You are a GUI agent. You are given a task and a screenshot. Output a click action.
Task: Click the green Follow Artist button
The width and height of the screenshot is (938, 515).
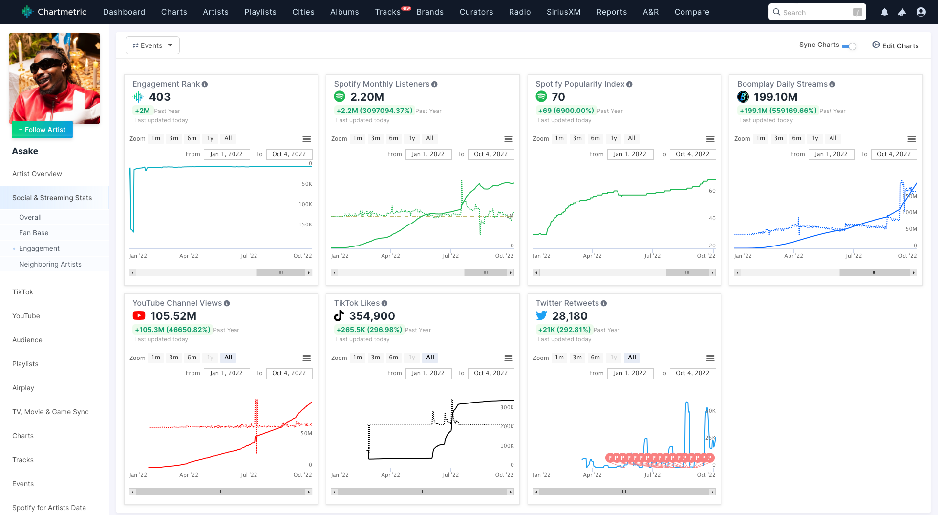(42, 130)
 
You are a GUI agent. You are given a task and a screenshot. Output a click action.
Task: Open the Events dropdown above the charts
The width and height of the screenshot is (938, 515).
(152, 45)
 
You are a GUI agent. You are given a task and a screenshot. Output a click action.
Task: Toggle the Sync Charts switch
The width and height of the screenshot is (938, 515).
(849, 46)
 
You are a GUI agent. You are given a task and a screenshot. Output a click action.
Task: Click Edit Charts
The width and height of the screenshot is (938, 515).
(895, 45)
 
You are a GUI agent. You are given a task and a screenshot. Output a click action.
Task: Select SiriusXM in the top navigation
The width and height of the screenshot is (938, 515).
(563, 12)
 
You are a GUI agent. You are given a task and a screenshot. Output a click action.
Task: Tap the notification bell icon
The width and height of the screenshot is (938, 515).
(884, 12)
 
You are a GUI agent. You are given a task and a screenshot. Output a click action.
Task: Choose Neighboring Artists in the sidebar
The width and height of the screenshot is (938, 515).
(50, 264)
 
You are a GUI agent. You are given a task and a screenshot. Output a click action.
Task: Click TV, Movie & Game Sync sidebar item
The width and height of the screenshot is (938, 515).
(50, 412)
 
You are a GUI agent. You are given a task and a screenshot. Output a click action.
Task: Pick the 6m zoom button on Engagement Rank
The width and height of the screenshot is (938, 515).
(192, 138)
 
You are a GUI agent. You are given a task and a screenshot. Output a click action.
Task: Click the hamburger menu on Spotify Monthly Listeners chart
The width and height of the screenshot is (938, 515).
(509, 139)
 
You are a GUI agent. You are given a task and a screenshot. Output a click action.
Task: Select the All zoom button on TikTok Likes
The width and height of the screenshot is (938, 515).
(430, 358)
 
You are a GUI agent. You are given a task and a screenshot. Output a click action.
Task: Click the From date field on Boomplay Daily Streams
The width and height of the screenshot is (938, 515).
(831, 154)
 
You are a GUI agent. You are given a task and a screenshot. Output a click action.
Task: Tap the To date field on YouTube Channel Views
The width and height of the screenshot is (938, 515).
(289, 373)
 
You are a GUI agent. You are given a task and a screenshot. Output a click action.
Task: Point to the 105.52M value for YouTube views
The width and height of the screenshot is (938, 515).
(173, 316)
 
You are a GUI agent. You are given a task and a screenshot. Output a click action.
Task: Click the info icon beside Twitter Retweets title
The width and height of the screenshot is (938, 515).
(604, 303)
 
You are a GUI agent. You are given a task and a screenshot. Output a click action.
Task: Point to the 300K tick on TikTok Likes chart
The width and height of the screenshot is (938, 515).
(507, 407)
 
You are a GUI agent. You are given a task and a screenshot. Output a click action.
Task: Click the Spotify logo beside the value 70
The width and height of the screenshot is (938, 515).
(541, 97)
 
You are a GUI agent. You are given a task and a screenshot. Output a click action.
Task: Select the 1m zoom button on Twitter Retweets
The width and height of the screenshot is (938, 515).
(559, 358)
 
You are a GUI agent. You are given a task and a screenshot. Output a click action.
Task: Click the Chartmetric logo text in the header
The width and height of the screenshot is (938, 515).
(62, 12)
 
